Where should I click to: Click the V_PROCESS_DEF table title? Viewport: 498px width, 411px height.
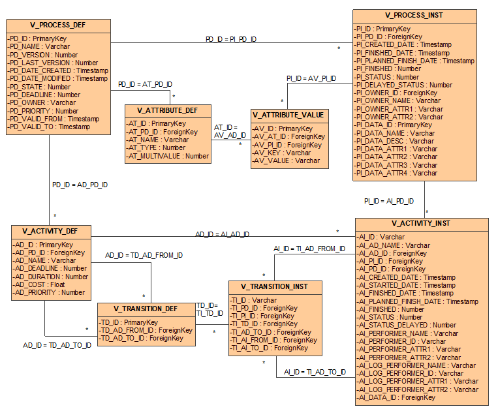[x=58, y=26]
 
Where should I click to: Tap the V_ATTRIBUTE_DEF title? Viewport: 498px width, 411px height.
[x=168, y=110]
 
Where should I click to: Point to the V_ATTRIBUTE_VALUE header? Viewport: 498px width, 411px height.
[x=289, y=115]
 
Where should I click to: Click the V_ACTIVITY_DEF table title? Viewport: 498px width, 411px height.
[x=51, y=231]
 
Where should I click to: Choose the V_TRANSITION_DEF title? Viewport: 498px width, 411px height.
[x=146, y=309]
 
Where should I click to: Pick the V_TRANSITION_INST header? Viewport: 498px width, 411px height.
[x=273, y=286]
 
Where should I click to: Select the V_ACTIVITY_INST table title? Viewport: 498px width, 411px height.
[x=422, y=223]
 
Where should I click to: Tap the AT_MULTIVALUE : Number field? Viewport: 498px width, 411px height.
[x=168, y=156]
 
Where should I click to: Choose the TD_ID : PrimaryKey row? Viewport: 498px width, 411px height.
[x=129, y=322]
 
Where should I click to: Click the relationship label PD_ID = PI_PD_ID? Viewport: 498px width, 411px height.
[x=231, y=40]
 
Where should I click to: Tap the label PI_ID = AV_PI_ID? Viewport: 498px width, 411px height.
[x=311, y=78]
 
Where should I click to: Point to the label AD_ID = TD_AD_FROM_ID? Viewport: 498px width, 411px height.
[x=144, y=255]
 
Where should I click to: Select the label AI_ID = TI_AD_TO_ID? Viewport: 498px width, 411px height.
[x=315, y=372]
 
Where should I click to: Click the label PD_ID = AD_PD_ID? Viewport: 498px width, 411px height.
[x=80, y=185]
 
